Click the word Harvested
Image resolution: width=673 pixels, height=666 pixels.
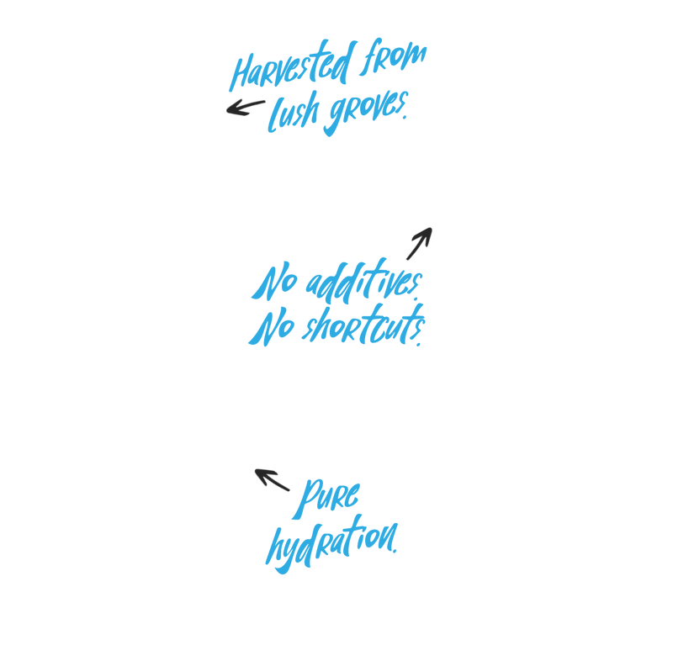[x=292, y=66]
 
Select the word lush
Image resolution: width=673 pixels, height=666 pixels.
[x=294, y=112]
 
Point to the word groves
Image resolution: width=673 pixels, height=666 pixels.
[x=366, y=113]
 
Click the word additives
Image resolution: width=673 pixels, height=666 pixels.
[x=364, y=281]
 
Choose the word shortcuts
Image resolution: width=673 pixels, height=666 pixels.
[x=363, y=325]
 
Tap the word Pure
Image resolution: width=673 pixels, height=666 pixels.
[x=326, y=498]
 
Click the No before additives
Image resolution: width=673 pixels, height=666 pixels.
[x=275, y=282]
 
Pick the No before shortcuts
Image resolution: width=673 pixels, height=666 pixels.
[x=272, y=327]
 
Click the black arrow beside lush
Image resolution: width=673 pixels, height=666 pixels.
[x=246, y=108]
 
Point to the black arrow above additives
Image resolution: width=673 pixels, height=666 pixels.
[x=419, y=243]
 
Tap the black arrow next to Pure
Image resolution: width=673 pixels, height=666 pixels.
[x=272, y=479]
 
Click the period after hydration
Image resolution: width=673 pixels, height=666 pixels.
[x=395, y=551]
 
